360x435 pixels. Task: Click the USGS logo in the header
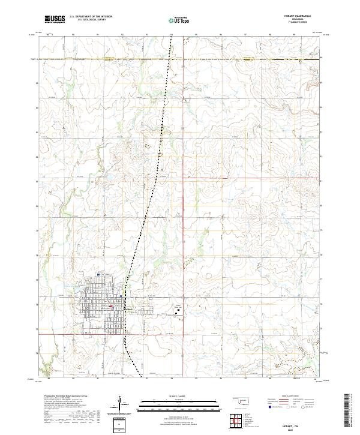coord(55,20)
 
